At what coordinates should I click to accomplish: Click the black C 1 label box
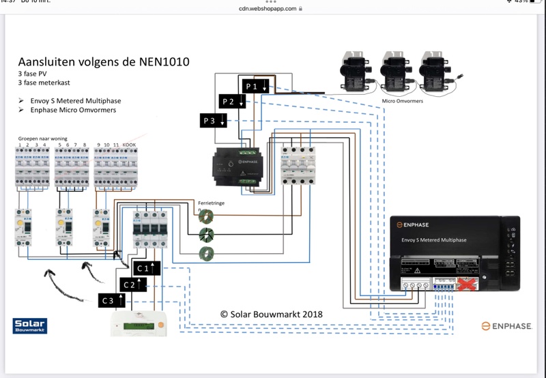[x=147, y=267]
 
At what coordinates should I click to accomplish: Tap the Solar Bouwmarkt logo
[x=29, y=326]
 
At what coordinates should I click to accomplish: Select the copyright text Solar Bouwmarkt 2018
[x=272, y=315]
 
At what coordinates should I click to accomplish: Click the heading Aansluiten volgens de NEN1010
[x=104, y=62]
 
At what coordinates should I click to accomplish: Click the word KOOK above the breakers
[x=129, y=145]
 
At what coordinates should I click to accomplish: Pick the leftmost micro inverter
[x=356, y=70]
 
